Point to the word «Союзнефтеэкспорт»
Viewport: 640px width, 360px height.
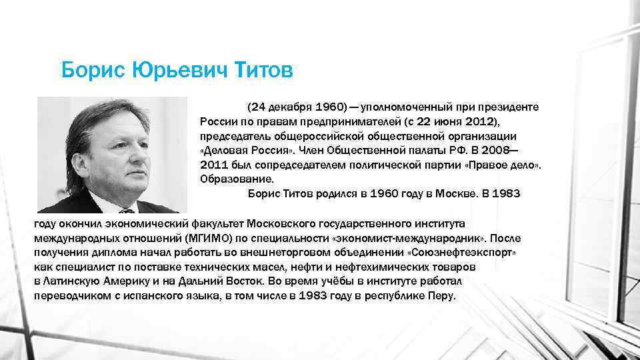tap(463, 253)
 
